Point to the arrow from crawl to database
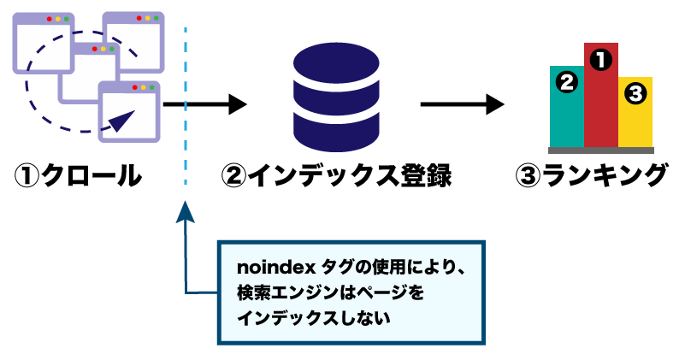[205, 105]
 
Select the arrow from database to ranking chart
[463, 105]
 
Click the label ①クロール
[78, 176]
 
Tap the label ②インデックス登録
[336, 176]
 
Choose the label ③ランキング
[591, 176]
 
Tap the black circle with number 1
[601, 59]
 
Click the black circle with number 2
[566, 82]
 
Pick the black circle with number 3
[636, 94]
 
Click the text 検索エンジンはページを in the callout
[330, 292]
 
